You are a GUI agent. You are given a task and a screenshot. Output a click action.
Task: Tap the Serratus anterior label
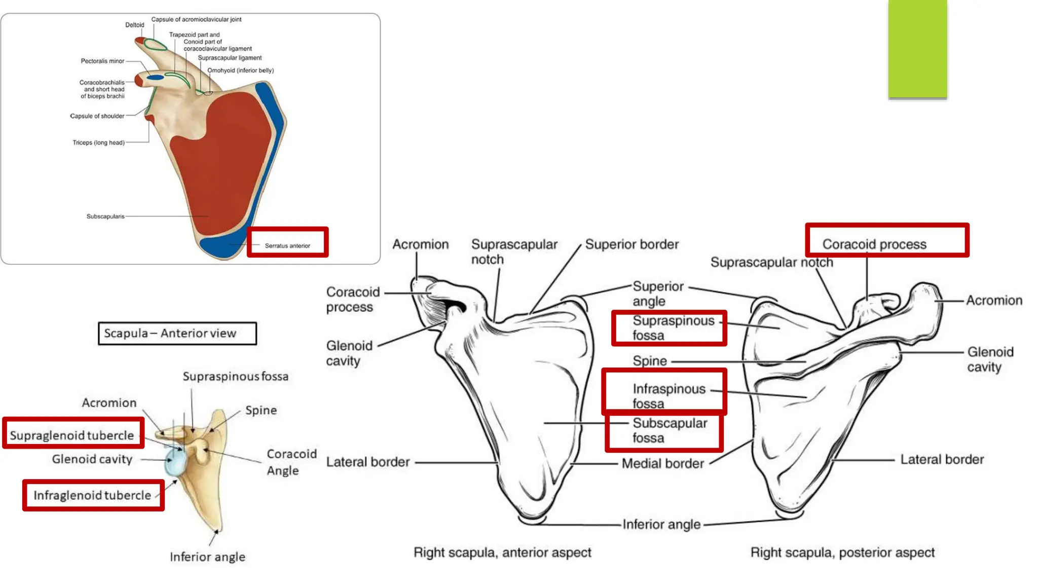point(287,245)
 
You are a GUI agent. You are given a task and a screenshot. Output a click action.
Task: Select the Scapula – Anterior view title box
point(177,333)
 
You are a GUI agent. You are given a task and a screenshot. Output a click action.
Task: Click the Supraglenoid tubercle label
point(72,435)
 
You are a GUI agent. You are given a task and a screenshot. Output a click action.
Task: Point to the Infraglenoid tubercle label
point(92,495)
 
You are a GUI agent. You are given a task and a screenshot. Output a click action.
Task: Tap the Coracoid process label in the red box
point(874,244)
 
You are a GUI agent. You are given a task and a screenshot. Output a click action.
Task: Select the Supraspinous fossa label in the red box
point(673,328)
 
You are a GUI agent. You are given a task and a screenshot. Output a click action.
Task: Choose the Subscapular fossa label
point(669,430)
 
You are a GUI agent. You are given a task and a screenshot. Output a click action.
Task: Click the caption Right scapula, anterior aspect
point(502,552)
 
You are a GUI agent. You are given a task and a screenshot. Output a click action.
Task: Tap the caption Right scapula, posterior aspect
point(842,552)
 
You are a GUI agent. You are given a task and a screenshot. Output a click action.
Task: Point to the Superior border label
point(632,244)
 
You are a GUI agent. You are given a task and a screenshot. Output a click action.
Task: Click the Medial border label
point(662,463)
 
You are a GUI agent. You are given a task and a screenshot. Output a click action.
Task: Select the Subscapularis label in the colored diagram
point(105,216)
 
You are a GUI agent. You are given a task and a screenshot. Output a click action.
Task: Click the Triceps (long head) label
point(98,142)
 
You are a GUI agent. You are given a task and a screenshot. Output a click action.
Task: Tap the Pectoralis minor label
point(102,61)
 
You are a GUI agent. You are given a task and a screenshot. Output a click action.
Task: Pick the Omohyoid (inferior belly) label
point(240,70)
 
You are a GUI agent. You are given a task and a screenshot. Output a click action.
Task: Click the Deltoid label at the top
point(135,25)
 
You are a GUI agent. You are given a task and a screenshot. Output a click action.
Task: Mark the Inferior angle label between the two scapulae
point(661,524)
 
